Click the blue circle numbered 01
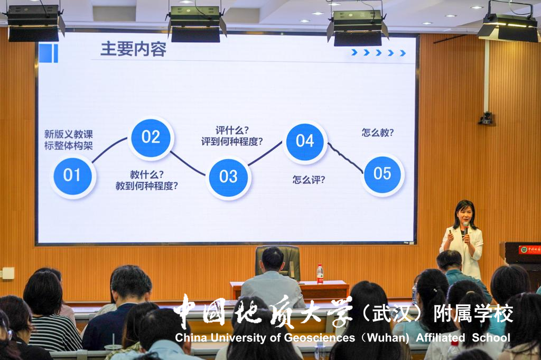(x=72, y=176)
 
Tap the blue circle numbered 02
(x=151, y=138)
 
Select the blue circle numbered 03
(x=228, y=177)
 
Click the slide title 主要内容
(x=133, y=49)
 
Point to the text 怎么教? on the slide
(x=377, y=133)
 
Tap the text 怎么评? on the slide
(x=309, y=180)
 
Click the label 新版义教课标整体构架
(x=68, y=140)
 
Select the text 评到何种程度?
(x=232, y=142)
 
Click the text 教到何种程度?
(x=147, y=186)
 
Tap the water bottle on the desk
(x=320, y=274)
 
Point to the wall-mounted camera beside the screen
(x=487, y=118)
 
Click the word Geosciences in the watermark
(x=320, y=338)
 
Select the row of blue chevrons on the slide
(x=378, y=52)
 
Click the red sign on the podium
(x=529, y=250)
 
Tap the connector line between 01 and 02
(x=109, y=150)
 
